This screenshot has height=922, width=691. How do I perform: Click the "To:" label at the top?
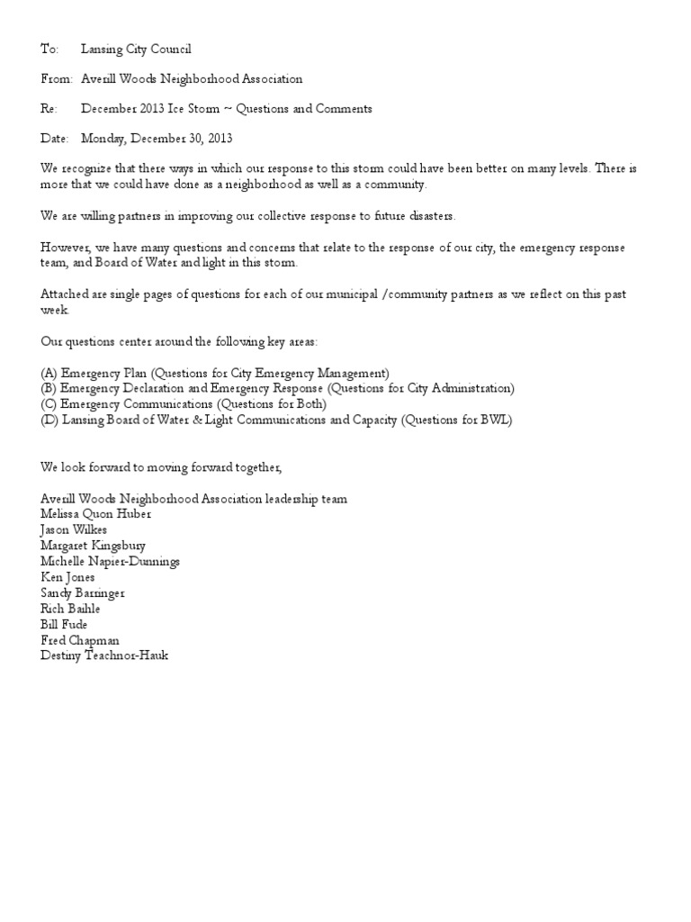(49, 50)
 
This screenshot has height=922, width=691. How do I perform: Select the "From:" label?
(57, 79)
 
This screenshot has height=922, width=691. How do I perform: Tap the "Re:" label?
(49, 109)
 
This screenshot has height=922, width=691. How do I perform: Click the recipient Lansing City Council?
(136, 50)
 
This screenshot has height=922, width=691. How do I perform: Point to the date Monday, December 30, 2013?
(157, 139)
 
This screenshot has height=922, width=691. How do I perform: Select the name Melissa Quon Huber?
(96, 514)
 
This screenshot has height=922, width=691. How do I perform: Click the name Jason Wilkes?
(74, 529)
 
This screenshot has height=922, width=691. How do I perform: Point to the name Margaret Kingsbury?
(93, 546)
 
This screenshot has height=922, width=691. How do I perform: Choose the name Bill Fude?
(64, 624)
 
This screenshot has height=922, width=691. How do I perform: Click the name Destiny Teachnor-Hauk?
(104, 655)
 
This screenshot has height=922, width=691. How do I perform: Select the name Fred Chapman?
(79, 640)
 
